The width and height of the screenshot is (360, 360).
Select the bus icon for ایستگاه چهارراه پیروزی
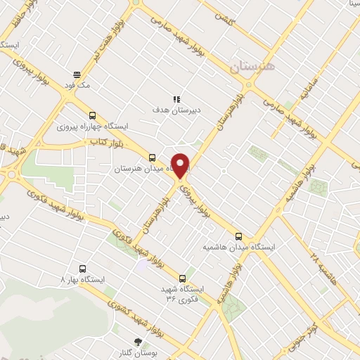point(92,116)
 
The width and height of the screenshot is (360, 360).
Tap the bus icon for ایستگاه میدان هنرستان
point(153,157)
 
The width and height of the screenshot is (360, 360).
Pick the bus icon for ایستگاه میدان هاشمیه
point(238,236)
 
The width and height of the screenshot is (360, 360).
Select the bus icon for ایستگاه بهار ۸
point(83,269)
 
